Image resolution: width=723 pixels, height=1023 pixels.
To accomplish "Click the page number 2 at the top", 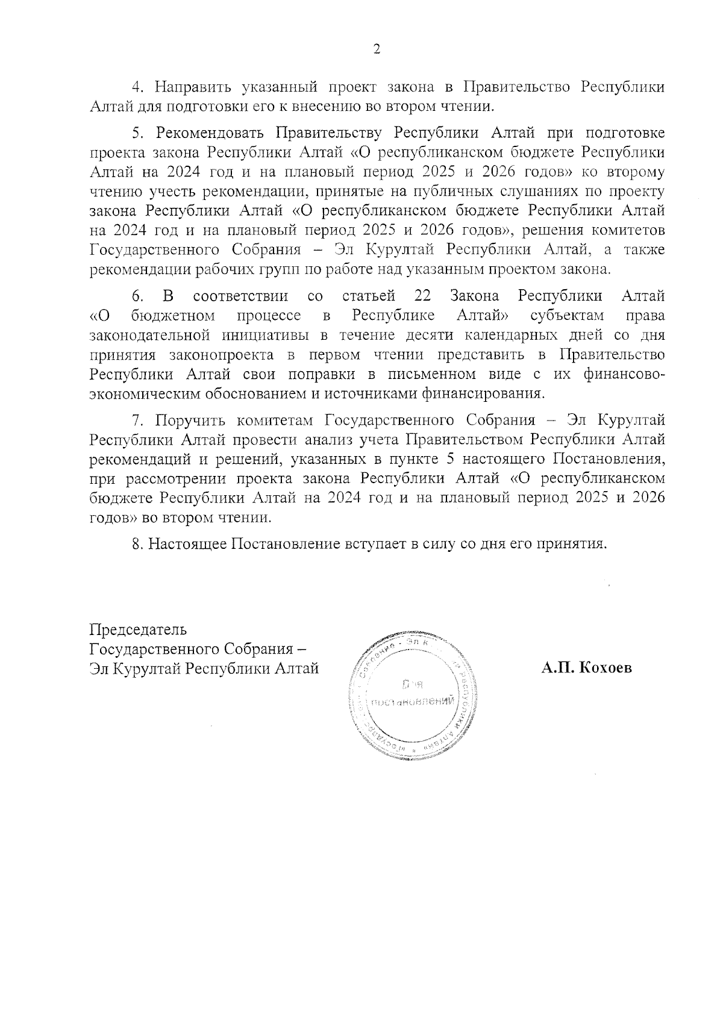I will pos(377,49).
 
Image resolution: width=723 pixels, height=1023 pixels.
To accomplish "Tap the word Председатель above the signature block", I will pos(138,630).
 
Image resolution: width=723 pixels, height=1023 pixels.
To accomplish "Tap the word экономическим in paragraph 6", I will pos(151,394).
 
